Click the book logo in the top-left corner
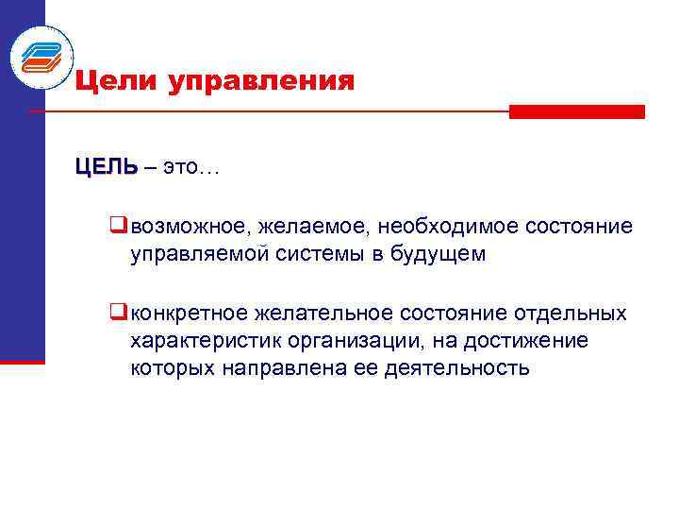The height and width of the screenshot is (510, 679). pyautogui.click(x=41, y=57)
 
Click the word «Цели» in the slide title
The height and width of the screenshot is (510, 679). pyautogui.click(x=116, y=81)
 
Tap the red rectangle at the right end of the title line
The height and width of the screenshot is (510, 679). pyautogui.click(x=576, y=111)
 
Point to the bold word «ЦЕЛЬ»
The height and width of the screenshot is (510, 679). pyautogui.click(x=107, y=167)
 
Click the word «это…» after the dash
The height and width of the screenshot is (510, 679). pyautogui.click(x=191, y=168)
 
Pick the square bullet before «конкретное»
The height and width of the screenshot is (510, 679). pyautogui.click(x=118, y=312)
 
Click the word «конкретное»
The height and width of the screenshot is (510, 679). pyautogui.click(x=190, y=313)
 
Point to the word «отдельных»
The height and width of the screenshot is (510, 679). pyautogui.click(x=574, y=313)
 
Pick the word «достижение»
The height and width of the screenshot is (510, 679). pyautogui.click(x=535, y=340)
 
